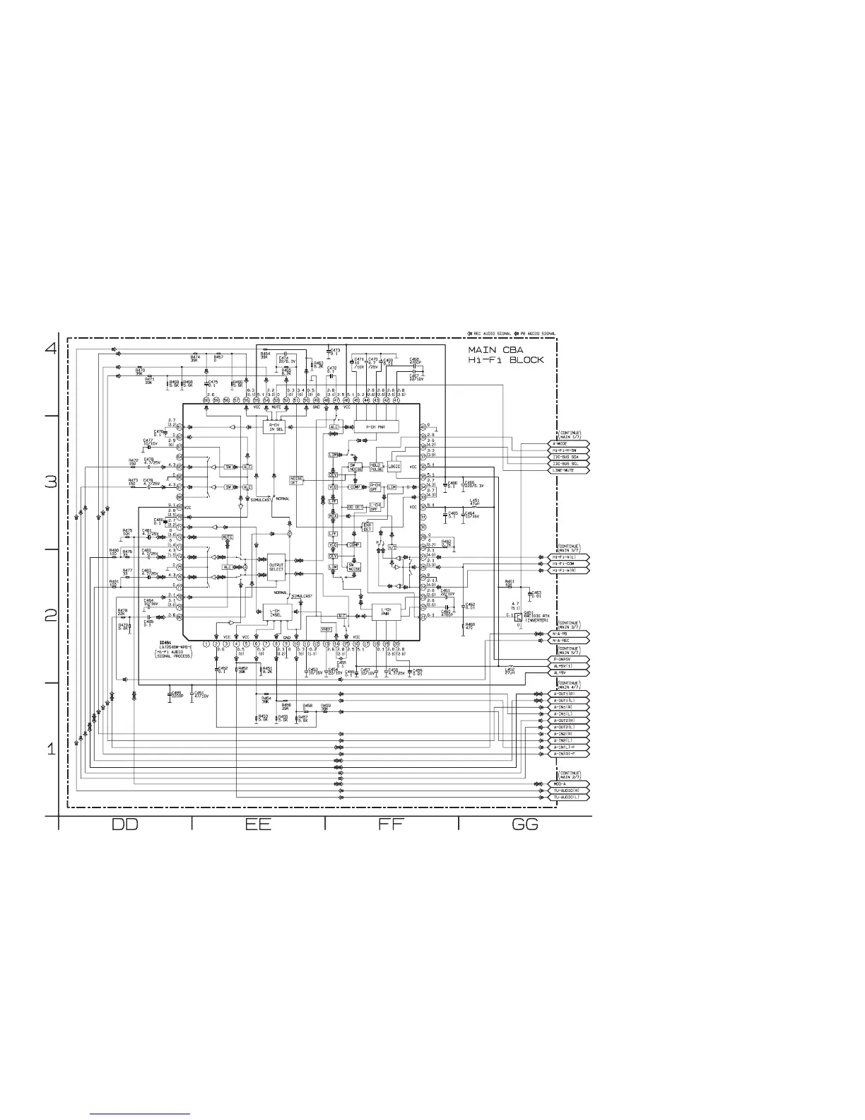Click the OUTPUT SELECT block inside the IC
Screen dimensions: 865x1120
[x=276, y=567]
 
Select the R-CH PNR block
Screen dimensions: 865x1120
[x=376, y=427]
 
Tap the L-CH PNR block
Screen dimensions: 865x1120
[x=386, y=612]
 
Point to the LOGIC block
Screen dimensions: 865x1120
[x=394, y=467]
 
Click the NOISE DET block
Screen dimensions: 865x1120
[x=298, y=479]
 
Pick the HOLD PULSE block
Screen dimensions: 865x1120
[x=376, y=467]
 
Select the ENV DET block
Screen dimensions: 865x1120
[x=367, y=527]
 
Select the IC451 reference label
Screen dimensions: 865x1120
[x=167, y=643]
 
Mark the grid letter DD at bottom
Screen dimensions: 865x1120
[x=125, y=824]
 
